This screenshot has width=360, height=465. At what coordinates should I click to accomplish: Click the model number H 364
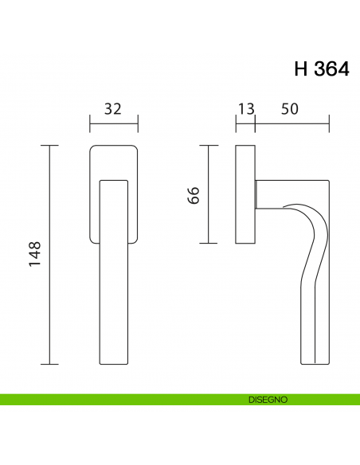click(x=321, y=69)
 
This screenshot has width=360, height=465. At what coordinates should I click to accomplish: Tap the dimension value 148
click(x=34, y=255)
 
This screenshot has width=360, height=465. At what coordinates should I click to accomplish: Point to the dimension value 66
click(x=194, y=195)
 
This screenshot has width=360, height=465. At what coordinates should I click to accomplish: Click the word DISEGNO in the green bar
click(x=267, y=398)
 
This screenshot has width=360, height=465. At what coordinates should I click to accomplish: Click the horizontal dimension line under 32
click(x=113, y=124)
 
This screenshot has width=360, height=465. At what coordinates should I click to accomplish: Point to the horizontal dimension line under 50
click(x=292, y=124)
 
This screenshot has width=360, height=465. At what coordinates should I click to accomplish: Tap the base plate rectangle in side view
click(x=245, y=195)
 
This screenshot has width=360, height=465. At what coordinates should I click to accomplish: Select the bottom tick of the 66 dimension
click(x=209, y=244)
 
